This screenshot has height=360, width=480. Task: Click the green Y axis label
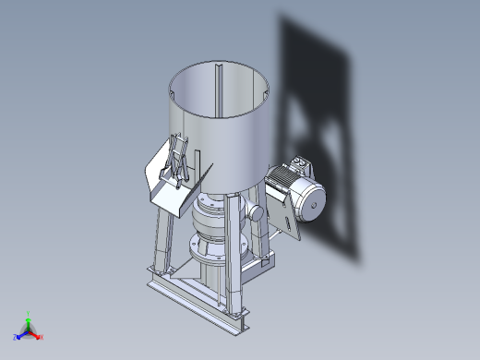pyautogui.click(x=29, y=314)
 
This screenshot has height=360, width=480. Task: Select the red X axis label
pyautogui.click(x=42, y=337)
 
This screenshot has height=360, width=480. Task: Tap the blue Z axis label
pyautogui.click(x=16, y=337)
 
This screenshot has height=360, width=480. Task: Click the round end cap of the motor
pyautogui.click(x=311, y=202)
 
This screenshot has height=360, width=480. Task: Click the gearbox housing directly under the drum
pyautogui.click(x=210, y=222)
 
